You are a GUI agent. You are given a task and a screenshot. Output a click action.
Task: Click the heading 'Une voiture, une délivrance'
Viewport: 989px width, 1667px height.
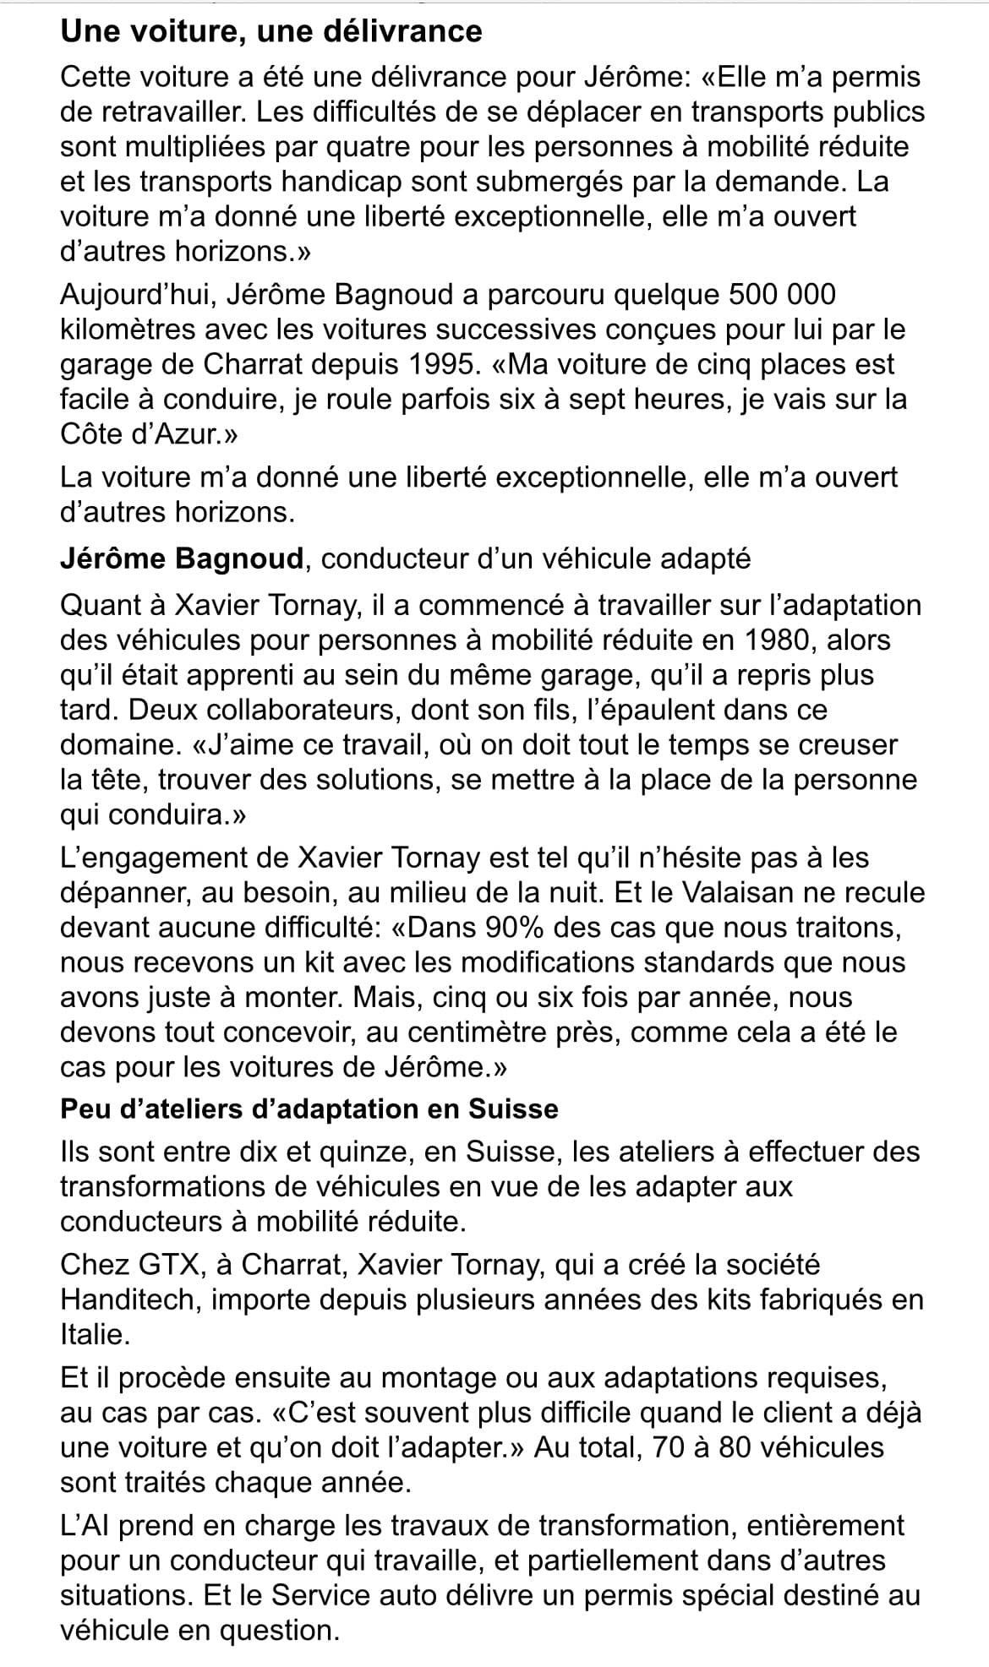click(x=270, y=32)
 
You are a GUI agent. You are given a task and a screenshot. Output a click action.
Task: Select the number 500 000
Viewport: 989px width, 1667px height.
click(x=780, y=295)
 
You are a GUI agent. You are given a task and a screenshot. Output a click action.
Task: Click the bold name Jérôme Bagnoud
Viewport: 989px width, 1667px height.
click(x=182, y=558)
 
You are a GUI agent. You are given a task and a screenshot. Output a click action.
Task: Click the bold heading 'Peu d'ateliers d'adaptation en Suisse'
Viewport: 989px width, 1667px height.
click(x=309, y=1108)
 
